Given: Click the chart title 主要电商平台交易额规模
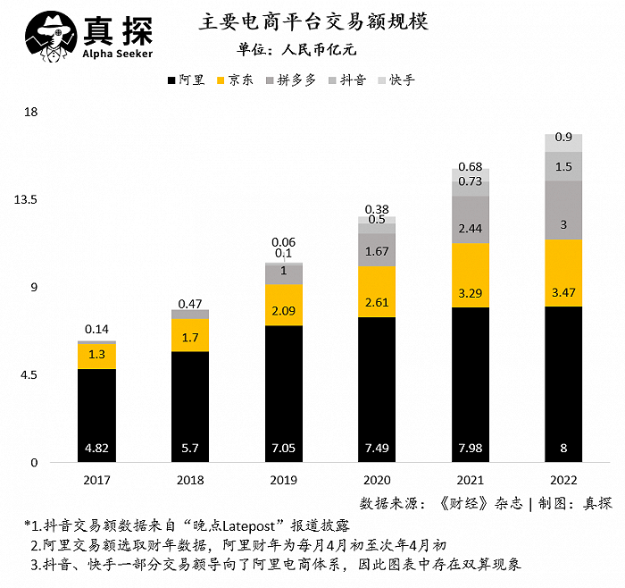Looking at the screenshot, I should pyautogui.click(x=313, y=22).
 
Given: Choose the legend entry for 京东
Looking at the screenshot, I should pyautogui.click(x=234, y=80).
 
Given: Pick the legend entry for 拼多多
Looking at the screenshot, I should pyautogui.click(x=290, y=80).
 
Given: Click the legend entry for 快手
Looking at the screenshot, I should pyautogui.click(x=396, y=80).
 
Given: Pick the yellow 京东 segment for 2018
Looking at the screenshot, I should pyautogui.click(x=190, y=335).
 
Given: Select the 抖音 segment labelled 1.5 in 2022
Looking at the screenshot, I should pyautogui.click(x=563, y=166).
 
